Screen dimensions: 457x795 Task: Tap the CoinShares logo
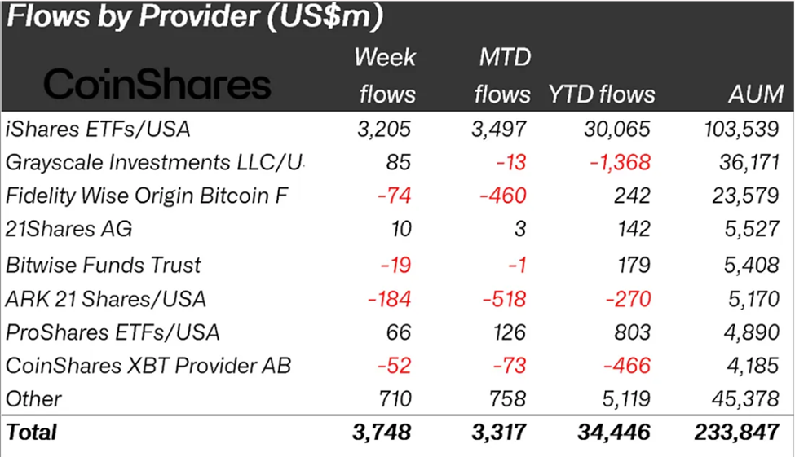pyautogui.click(x=157, y=84)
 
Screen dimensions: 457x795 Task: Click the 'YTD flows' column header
pyautogui.click(x=602, y=94)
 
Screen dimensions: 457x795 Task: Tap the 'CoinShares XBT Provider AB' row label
pyautogui.click(x=148, y=366)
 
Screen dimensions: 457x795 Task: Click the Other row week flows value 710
pyautogui.click(x=395, y=399)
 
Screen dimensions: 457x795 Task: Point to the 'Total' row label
pyautogui.click(x=32, y=432)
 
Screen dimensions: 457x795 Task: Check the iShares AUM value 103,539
pyautogui.click(x=740, y=128)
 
